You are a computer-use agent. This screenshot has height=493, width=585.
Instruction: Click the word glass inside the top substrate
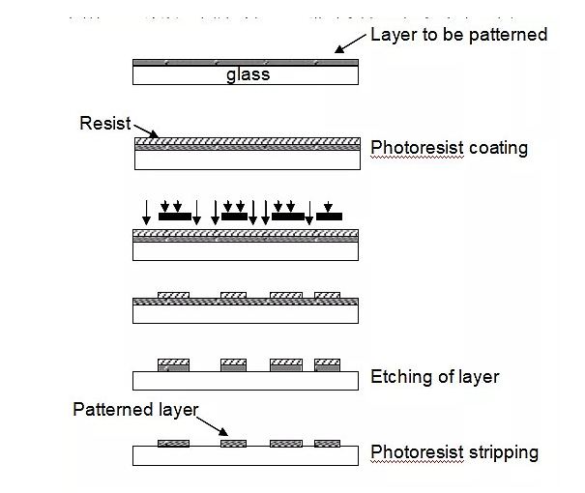coord(248,74)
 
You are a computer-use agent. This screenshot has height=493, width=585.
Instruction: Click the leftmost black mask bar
coord(174,217)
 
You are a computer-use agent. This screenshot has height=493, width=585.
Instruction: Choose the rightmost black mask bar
coord(329,217)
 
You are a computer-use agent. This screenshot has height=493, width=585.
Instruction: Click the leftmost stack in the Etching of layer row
coord(173,364)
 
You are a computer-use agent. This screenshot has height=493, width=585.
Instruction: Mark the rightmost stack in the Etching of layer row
coord(327,364)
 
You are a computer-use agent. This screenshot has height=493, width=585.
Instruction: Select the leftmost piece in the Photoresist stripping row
coord(173,444)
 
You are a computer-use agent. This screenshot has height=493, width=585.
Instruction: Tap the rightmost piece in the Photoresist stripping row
coord(327,444)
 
